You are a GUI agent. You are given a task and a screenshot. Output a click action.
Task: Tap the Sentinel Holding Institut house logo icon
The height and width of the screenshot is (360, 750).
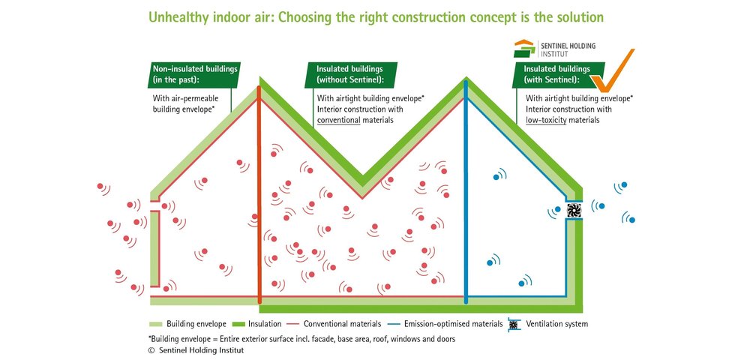click(x=525, y=49)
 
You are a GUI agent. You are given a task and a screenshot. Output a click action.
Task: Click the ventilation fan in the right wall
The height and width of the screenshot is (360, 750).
click(x=574, y=211)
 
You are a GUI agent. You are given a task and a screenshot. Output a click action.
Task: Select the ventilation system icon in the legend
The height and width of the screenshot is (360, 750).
click(x=513, y=324)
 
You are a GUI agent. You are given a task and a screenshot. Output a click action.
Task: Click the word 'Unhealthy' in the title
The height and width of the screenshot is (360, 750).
click(x=178, y=18)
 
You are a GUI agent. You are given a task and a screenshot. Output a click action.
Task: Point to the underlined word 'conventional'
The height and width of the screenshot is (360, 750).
click(x=339, y=120)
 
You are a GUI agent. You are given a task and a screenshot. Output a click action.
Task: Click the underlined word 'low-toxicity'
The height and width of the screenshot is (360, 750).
click(x=546, y=120)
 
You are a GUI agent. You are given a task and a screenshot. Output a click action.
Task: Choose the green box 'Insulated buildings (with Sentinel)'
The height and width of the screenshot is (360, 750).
click(x=558, y=74)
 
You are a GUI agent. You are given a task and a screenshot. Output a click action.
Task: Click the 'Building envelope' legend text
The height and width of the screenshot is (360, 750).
click(x=196, y=324)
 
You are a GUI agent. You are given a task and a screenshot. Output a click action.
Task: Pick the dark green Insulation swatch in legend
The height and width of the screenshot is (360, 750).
click(x=239, y=324)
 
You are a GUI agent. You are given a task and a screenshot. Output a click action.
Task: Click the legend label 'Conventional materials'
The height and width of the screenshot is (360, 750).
click(x=343, y=324)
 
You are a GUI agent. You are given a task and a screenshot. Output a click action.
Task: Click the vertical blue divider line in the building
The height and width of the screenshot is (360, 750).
click(x=466, y=192)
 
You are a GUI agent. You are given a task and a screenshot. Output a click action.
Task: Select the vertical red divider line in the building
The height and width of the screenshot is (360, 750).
click(x=259, y=194)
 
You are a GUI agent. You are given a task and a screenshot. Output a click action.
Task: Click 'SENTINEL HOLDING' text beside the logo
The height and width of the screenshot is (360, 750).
click(x=568, y=46)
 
